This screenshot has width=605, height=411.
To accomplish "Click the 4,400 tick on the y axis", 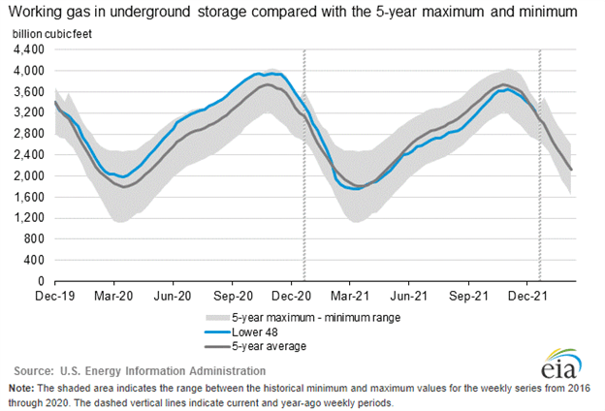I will point(26,49).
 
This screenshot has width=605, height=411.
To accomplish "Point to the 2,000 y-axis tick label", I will point(26,175).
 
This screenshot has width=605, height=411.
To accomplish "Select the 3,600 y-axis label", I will point(26,92).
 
